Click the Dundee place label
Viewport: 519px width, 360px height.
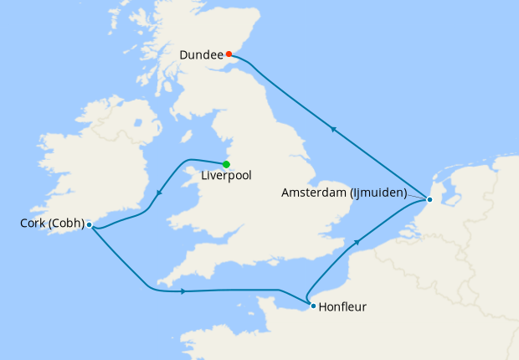[x=201, y=55]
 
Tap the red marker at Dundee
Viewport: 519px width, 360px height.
[x=229, y=54]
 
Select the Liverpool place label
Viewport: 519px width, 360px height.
[x=226, y=176]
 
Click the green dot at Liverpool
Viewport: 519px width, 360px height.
[x=226, y=163]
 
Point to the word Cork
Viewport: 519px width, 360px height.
[x=33, y=224]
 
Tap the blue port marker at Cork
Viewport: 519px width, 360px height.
[x=89, y=224]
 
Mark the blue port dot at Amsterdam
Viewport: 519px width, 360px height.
[x=429, y=199]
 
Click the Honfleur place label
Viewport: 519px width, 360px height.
[x=343, y=307]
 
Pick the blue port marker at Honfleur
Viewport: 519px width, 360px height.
[x=313, y=306]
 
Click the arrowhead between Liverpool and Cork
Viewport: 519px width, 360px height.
[x=159, y=195]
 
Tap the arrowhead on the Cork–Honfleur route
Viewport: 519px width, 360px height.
[x=182, y=291]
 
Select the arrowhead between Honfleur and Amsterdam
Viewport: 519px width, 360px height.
[x=358, y=242]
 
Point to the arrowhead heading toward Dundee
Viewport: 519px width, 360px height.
[x=333, y=129]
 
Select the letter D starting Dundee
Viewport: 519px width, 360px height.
[x=184, y=55]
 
